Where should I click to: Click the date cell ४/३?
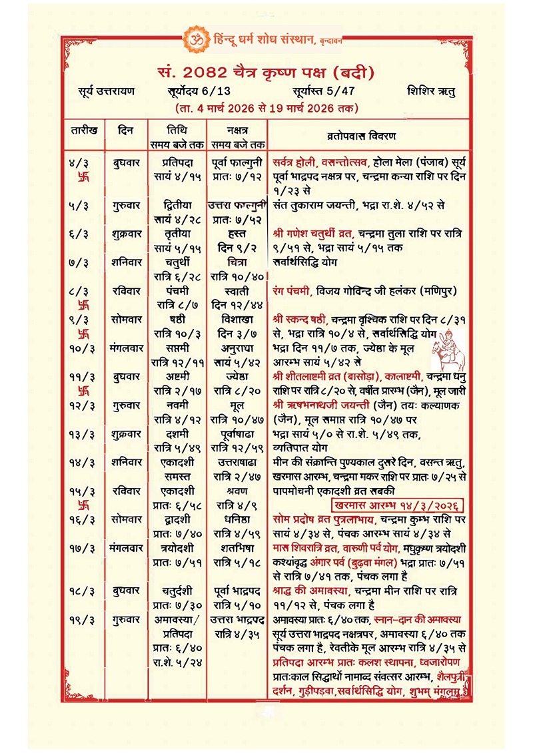point(83,162)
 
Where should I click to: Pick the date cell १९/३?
point(83,619)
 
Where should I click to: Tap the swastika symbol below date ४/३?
point(84,178)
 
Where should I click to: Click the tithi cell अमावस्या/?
point(177,619)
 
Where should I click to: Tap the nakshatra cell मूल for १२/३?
point(238,405)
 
